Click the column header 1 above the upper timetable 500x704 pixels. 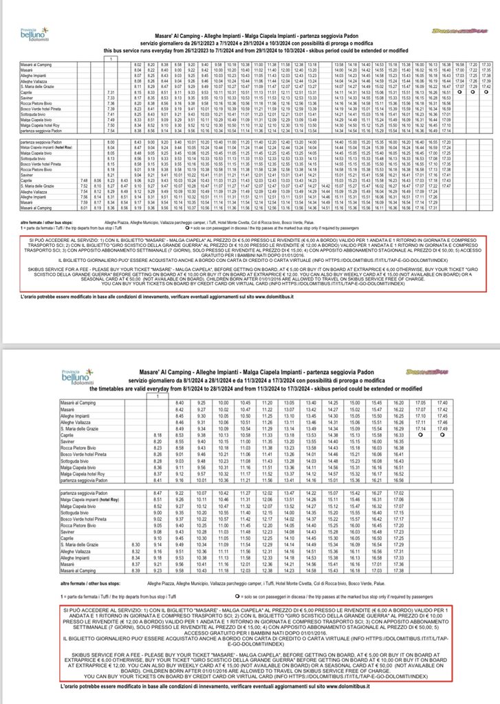[111, 58]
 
